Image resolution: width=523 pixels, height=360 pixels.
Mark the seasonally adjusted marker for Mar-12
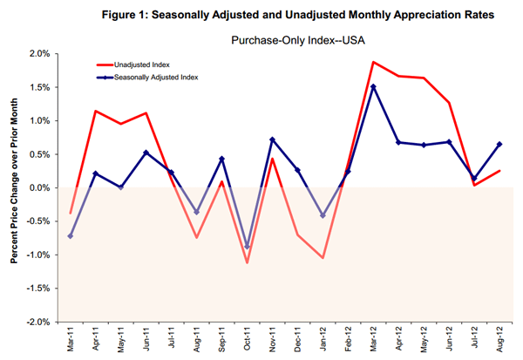[x=373, y=86]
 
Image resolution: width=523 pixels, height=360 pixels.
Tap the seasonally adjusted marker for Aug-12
[x=499, y=144]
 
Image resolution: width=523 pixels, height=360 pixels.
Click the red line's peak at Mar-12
[x=373, y=62]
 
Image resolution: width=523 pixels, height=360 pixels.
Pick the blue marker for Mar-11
[x=71, y=236]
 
